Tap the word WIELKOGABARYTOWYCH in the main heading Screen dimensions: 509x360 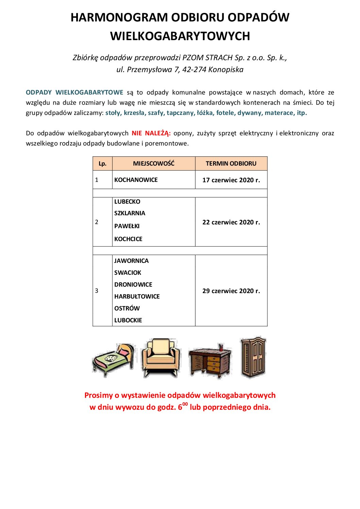[180, 36]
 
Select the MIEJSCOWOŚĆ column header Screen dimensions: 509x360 [153, 164]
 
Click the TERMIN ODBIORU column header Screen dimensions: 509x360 [231, 164]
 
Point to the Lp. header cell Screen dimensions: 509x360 [102, 164]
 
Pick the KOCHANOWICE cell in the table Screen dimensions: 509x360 [136, 180]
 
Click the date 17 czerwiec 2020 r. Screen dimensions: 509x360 [231, 180]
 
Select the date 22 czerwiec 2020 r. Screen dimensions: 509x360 [231, 222]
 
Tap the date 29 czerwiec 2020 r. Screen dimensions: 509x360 [231, 291]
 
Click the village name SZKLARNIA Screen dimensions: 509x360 [130, 213]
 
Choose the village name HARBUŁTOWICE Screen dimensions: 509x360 [137, 296]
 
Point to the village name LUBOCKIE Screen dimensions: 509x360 [128, 320]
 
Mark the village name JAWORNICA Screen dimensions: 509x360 [131, 261]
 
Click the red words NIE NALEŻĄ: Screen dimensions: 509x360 [151, 133]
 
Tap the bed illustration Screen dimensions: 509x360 [113, 359]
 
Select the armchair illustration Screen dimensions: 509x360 [161, 358]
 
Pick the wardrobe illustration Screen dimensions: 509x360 [253, 357]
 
